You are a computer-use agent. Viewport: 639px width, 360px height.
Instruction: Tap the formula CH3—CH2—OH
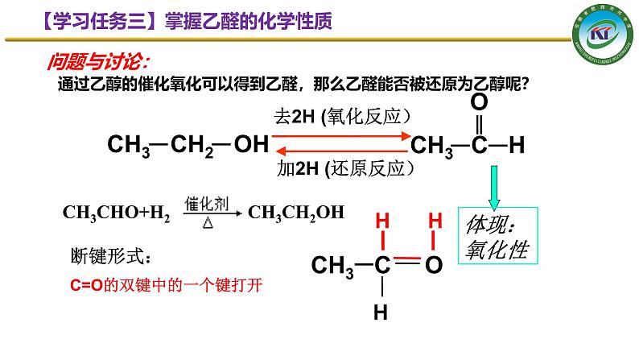tap(187, 145)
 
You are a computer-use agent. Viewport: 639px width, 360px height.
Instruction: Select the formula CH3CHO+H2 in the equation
tap(117, 213)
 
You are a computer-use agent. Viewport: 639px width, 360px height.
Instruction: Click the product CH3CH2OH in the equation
tap(295, 213)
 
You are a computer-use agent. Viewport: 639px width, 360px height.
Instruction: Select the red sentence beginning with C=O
tap(167, 284)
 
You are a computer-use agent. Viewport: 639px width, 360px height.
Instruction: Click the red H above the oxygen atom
tap(435, 220)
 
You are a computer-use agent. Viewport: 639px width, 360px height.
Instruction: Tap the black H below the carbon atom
tap(383, 310)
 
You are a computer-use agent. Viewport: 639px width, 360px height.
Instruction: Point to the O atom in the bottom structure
tap(434, 264)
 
